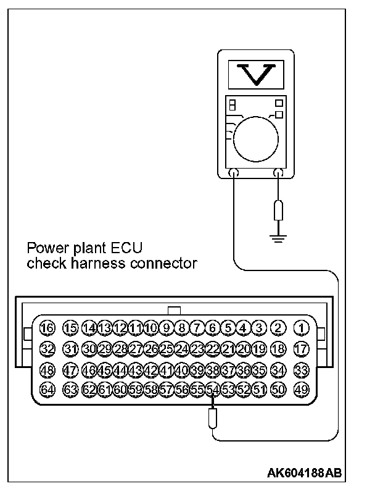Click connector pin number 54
pos(213,390)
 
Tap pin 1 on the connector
pos(301,328)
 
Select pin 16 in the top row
pos(47,328)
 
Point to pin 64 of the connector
pos(47,390)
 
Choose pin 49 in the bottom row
pos(301,390)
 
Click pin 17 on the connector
pos(301,349)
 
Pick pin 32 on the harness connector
pos(47,349)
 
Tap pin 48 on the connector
pos(47,370)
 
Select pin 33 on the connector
pos(301,370)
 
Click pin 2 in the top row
pos(278,328)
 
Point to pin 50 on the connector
pos(278,390)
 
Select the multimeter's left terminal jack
pos(234,174)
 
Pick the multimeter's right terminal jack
pos(279,174)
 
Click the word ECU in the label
pos(128,249)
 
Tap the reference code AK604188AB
pos(304,474)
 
